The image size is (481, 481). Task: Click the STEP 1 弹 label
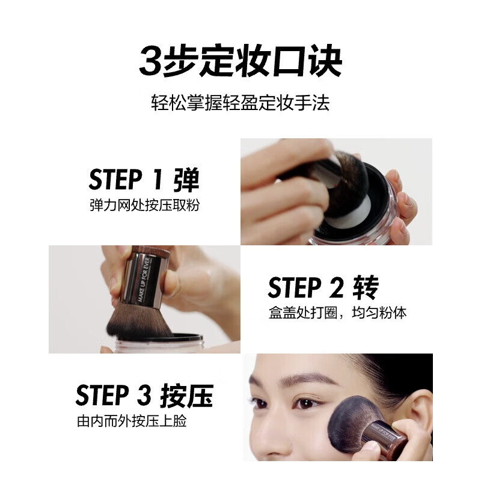tap(144, 180)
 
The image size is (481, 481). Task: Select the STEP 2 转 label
tap(323, 288)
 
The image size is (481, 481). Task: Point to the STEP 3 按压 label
tap(144, 397)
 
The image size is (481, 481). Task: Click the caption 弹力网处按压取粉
tap(144, 205)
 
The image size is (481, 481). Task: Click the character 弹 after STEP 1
tap(185, 180)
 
